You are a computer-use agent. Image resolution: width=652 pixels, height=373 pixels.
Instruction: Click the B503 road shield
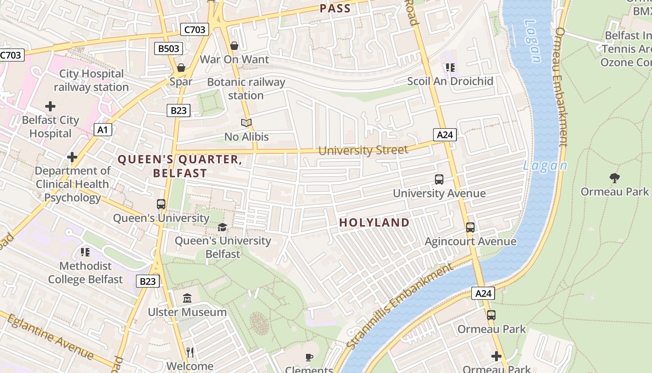click(x=168, y=48)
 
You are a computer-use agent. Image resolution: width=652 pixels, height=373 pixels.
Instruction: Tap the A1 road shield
click(x=103, y=129)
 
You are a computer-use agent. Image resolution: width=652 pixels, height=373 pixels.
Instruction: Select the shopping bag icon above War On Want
click(x=234, y=46)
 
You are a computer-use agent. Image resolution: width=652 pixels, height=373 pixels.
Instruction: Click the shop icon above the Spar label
click(x=181, y=68)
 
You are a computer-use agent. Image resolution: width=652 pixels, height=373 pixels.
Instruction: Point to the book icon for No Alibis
click(x=246, y=123)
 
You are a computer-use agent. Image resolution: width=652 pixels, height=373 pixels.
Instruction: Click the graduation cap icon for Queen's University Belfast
click(x=223, y=227)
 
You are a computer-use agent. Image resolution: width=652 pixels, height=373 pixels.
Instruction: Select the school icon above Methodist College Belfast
click(x=85, y=252)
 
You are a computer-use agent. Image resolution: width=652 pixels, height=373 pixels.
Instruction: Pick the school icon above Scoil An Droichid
click(x=450, y=68)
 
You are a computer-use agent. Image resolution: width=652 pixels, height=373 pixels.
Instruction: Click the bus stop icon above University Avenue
click(x=439, y=180)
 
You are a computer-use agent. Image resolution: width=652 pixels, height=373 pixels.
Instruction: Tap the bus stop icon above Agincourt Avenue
click(x=470, y=228)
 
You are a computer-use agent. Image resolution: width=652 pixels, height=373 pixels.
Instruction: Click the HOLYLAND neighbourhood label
click(x=374, y=223)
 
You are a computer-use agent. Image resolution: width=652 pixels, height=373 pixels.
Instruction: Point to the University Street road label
click(x=363, y=150)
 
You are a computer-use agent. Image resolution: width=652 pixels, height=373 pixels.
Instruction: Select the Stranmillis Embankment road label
click(x=400, y=306)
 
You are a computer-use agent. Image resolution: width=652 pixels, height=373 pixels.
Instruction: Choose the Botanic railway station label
click(x=246, y=89)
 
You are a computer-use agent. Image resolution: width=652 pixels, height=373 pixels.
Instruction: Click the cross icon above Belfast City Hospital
click(x=50, y=106)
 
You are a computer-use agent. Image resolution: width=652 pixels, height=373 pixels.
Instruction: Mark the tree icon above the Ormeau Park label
click(x=614, y=178)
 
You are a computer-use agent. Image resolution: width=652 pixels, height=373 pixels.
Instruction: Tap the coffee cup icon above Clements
click(x=308, y=358)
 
